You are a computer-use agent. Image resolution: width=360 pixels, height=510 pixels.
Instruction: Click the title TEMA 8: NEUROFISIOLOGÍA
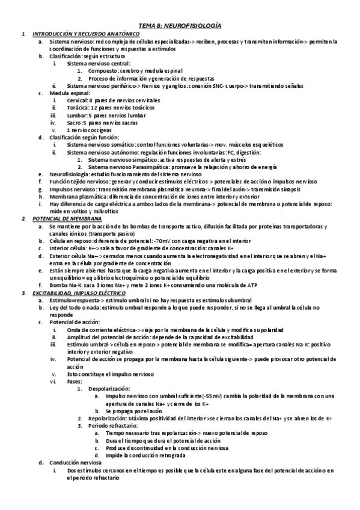coord(180,26)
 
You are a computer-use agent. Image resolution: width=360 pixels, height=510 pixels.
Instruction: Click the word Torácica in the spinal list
coord(78,107)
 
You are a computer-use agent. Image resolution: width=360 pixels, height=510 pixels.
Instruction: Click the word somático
coord(121,144)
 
